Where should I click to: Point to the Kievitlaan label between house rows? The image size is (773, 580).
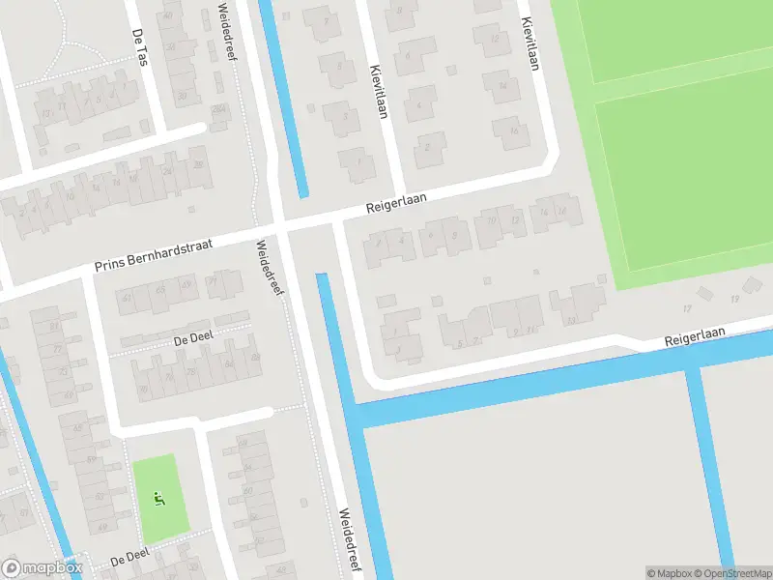click(x=378, y=91)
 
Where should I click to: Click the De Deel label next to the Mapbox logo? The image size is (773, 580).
click(x=129, y=560)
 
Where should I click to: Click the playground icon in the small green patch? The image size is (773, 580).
click(x=159, y=499)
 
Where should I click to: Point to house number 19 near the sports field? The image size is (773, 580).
click(x=734, y=300)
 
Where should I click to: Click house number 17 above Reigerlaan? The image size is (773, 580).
click(x=688, y=308)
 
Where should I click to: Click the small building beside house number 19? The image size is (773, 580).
click(x=753, y=284)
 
